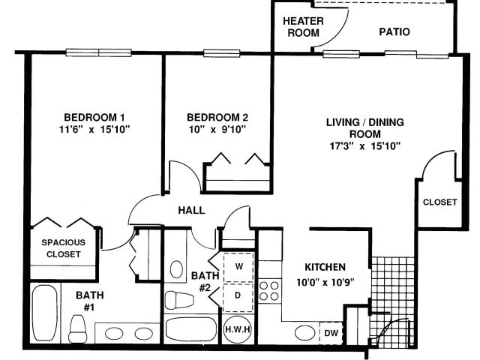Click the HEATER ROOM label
pyautogui.click(x=303, y=27)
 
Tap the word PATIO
pyautogui.click(x=394, y=31)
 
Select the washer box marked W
pyautogui.click(x=238, y=267)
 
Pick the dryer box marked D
pyautogui.click(x=238, y=296)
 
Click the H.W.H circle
pyautogui.click(x=238, y=329)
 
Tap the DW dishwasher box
pyautogui.click(x=331, y=333)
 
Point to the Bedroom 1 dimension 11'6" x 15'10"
pyautogui.click(x=94, y=129)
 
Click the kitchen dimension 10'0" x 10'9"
pyautogui.click(x=325, y=282)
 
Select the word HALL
pyautogui.click(x=191, y=210)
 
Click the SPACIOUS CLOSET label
pyautogui.click(x=63, y=248)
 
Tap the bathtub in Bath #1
pyautogui.click(x=45, y=313)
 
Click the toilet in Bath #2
pyautogui.click(x=179, y=300)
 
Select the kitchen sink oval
pyautogui.click(x=305, y=333)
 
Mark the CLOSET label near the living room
pyautogui.click(x=440, y=202)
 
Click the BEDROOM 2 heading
pyautogui.click(x=217, y=117)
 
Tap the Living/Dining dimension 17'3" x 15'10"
pyautogui.click(x=365, y=146)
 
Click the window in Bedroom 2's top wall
pyautogui.click(x=222, y=53)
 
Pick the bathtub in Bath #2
pyautogui.click(x=191, y=329)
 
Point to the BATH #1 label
pyautogui.click(x=89, y=301)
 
